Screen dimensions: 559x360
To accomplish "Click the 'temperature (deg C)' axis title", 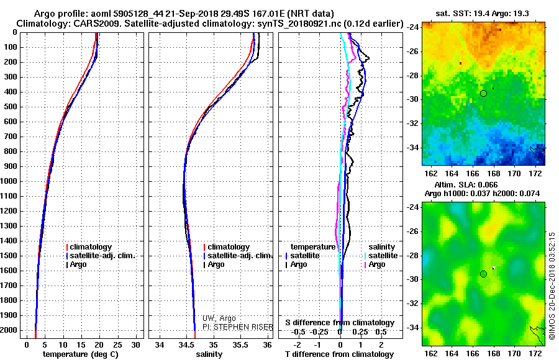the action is pyautogui.click(x=81, y=354).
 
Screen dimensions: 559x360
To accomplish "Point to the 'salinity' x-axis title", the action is pyautogui.click(x=209, y=354).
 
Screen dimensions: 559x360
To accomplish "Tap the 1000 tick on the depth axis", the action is pyautogui.click(x=9, y=181).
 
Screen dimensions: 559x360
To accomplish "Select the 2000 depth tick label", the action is pyautogui.click(x=9, y=330).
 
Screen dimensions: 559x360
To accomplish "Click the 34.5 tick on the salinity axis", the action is pyautogui.click(x=186, y=345).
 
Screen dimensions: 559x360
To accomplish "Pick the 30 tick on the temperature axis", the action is pyautogui.click(x=136, y=345).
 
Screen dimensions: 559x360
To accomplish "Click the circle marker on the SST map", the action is pyautogui.click(x=483, y=93).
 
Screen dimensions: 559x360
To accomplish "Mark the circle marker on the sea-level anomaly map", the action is pyautogui.click(x=483, y=274).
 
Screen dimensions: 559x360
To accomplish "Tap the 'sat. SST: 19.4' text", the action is pyautogui.click(x=462, y=14).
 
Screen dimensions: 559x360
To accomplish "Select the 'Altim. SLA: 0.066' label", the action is pyautogui.click(x=466, y=184).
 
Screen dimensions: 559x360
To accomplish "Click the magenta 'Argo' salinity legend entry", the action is pyautogui.click(x=375, y=264).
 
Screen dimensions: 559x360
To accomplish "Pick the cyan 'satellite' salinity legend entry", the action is pyautogui.click(x=381, y=256).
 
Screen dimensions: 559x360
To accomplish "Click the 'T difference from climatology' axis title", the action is pyautogui.click(x=339, y=354).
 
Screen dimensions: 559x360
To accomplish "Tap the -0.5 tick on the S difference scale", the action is pyautogui.click(x=298, y=332).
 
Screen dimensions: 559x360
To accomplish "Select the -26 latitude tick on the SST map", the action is pyautogui.click(x=413, y=52).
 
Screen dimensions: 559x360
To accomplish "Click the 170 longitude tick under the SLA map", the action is pyautogui.click(x=514, y=353).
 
